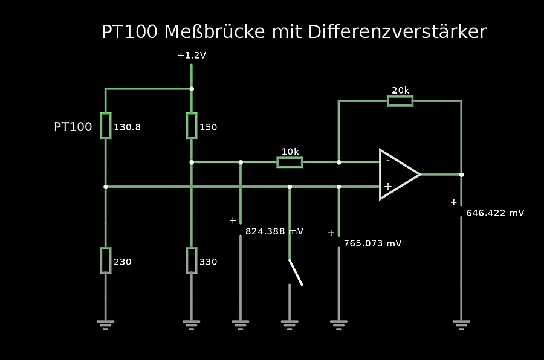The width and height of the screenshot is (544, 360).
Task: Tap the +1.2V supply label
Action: [192, 56]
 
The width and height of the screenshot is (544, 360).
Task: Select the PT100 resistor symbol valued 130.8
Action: [106, 126]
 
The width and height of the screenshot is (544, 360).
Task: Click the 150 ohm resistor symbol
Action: [192, 126]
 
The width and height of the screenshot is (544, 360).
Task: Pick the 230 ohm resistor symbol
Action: [106, 260]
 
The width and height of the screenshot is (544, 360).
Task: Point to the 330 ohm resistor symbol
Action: [192, 260]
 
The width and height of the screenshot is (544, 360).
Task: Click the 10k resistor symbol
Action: [290, 162]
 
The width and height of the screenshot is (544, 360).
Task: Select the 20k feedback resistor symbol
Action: [400, 101]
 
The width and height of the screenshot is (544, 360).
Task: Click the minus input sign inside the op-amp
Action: [387, 161]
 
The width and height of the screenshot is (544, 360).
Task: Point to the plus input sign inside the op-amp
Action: [387, 186]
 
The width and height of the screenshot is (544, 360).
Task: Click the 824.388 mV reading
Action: [274, 231]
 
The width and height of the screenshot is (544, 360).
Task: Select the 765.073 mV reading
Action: [372, 243]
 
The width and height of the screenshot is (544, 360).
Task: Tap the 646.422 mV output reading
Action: [495, 213]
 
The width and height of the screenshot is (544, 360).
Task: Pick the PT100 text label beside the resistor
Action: [73, 127]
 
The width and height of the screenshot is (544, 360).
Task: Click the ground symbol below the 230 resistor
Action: [106, 325]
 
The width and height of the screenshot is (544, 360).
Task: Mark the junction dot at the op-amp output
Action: [461, 175]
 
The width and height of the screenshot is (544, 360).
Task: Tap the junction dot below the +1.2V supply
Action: [192, 89]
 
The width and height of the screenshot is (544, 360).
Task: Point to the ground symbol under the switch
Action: [290, 325]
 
